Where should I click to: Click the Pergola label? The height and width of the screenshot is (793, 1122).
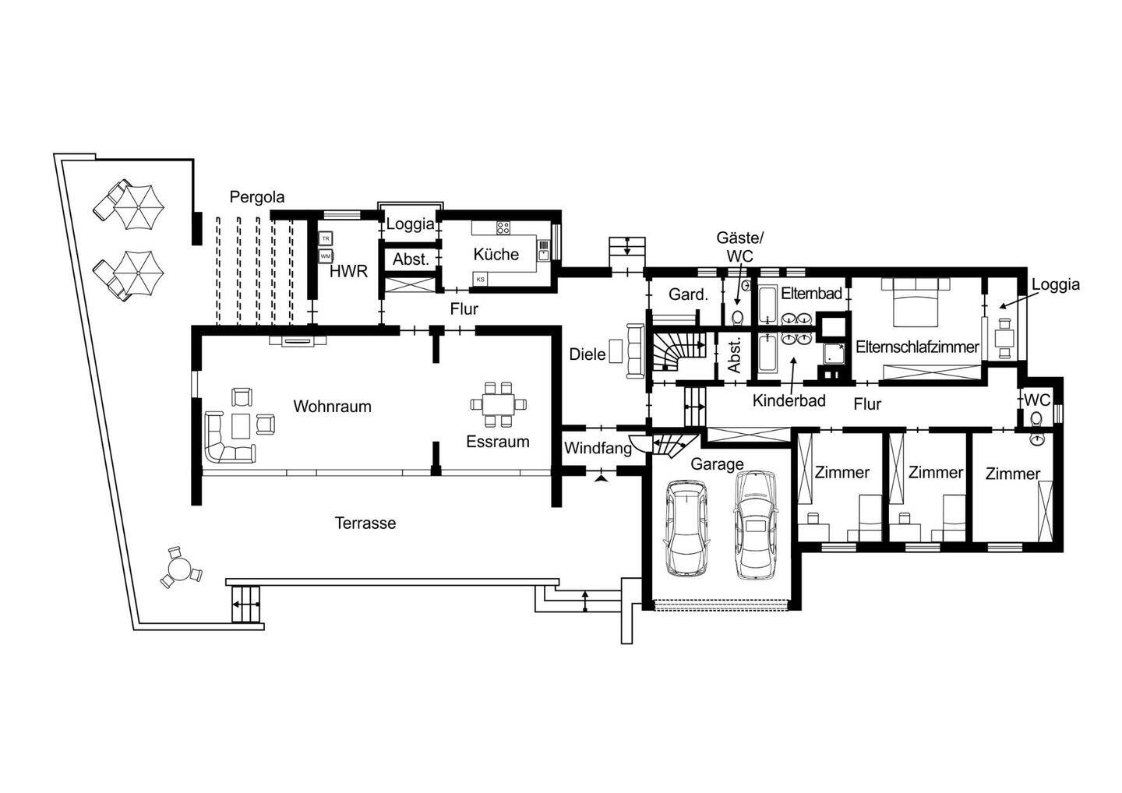pos(257,197)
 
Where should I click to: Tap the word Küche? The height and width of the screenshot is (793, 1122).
pos(496,254)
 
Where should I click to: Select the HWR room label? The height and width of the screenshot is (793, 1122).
pos(348,271)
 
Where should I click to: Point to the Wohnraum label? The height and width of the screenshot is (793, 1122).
pos(332,407)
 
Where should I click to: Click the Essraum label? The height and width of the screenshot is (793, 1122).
pos(497,442)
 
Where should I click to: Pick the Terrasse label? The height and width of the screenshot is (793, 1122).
pos(365,523)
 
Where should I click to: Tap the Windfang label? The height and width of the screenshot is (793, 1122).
pos(598,448)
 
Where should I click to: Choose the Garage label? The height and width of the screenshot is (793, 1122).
pos(717,464)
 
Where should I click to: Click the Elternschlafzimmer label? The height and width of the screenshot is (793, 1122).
pos(917,347)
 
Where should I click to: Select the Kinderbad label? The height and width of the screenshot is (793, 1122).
pos(789,400)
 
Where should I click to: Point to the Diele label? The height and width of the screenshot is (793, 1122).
pos(587,354)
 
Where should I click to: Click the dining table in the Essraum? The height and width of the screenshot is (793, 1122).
pos(499,404)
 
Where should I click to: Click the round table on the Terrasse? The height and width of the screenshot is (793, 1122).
pos(180,568)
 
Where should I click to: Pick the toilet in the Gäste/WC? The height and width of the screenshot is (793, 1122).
pos(737,317)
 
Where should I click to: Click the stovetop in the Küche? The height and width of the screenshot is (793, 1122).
pos(503,228)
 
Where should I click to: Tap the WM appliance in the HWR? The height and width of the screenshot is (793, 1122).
pos(326,256)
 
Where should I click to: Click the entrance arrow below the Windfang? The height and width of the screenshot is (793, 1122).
pos(601,479)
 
